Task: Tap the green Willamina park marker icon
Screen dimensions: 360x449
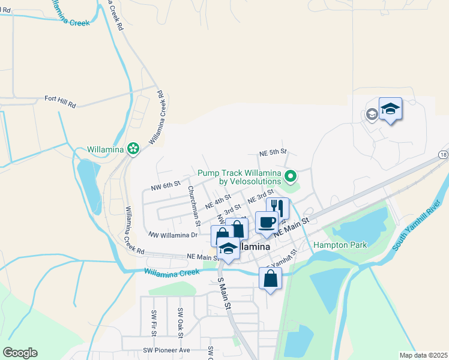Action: coord(133,148)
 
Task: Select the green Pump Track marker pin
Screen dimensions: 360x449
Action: coord(291,176)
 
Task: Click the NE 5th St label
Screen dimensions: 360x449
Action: coord(273,152)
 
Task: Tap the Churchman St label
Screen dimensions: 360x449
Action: coord(194,205)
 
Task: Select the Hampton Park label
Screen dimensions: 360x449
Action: coord(340,245)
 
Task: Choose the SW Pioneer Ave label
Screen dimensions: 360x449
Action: coord(167,350)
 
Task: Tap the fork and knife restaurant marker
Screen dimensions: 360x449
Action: coord(277,208)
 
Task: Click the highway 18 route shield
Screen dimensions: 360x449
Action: coord(443,155)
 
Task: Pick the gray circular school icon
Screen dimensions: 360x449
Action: coord(372,114)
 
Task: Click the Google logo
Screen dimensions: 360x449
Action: coord(20,353)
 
